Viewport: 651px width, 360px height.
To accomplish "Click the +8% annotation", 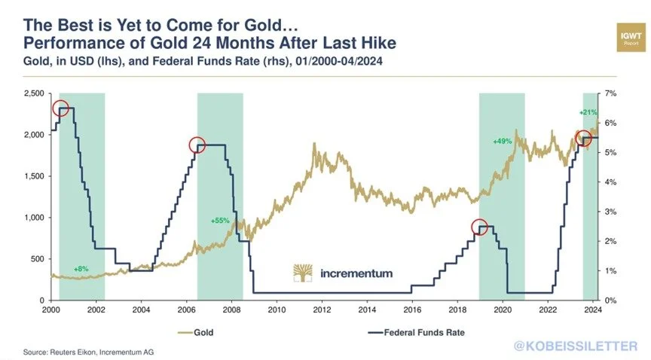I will coord(81,268).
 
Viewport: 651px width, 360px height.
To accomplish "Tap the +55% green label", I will coord(219,221).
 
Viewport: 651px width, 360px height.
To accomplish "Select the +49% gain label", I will coord(502,141).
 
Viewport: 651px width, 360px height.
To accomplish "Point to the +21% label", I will coord(588,112).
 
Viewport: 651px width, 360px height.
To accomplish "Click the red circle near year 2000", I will coord(61,108).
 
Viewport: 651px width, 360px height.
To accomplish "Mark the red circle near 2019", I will coord(480,227).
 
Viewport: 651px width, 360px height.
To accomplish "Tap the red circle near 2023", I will coord(583,138).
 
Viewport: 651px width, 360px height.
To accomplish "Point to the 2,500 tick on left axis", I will coord(32,93).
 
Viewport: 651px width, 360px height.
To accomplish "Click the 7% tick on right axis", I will coord(612,93).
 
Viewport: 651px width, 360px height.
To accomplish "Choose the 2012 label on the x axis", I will coord(322,310).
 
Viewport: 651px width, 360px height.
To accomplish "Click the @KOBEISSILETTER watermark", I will coord(574,346).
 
